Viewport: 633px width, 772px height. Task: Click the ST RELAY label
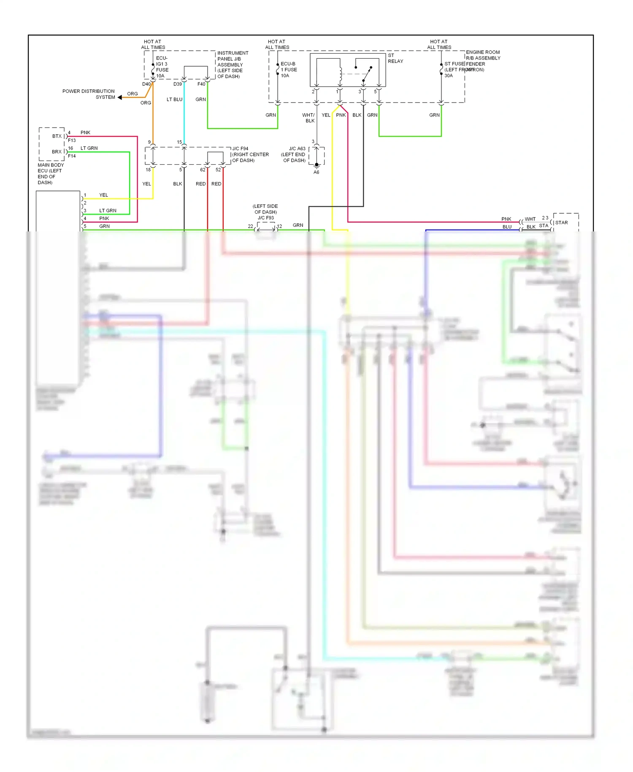[395, 58]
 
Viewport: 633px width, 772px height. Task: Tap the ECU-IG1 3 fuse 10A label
[162, 67]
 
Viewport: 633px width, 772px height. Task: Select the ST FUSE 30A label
[454, 70]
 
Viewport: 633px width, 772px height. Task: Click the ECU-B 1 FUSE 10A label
[289, 70]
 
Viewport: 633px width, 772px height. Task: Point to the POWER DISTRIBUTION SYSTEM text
[89, 94]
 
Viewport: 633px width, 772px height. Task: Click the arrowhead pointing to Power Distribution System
[120, 98]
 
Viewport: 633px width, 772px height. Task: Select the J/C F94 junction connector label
[250, 155]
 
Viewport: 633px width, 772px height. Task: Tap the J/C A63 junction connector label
[294, 155]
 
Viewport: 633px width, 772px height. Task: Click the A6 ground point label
[316, 172]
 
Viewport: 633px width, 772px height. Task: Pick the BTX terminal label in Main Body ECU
[57, 136]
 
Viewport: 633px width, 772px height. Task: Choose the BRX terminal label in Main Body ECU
[57, 152]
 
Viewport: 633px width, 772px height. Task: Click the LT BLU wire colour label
[174, 100]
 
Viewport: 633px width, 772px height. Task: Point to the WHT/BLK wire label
[308, 118]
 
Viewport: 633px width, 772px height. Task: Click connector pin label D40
[146, 84]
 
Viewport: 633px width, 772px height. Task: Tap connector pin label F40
[201, 84]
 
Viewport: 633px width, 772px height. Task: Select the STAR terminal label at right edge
[561, 223]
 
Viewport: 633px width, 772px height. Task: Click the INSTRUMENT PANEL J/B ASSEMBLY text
[232, 65]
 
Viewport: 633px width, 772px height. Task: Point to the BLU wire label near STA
[507, 227]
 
